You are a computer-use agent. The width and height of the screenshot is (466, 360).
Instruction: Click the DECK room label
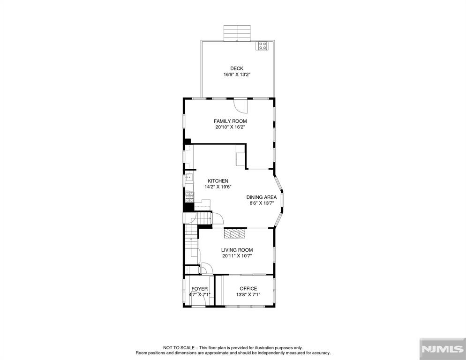tap(237, 68)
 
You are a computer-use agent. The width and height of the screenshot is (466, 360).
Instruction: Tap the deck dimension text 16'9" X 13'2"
tap(237, 75)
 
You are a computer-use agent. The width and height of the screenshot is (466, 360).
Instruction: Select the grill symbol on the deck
tap(263, 45)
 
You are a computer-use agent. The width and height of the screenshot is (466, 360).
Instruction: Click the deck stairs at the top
tap(238, 33)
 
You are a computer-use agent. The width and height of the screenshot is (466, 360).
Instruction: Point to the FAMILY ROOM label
tap(230, 121)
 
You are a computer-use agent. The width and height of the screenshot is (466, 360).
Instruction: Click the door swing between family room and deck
tap(241, 105)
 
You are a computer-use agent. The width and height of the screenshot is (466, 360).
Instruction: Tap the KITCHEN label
tap(218, 181)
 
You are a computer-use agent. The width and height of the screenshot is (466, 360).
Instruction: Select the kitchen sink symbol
tap(188, 178)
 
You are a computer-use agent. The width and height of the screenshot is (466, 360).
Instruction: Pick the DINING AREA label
tap(262, 197)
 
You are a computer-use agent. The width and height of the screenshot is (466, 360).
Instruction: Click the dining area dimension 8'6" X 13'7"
tap(262, 203)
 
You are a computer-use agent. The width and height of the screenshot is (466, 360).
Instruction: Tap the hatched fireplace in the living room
tap(235, 233)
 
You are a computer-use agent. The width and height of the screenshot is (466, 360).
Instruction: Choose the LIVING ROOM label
tap(237, 250)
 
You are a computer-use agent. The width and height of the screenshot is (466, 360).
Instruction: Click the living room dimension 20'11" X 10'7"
tap(237, 256)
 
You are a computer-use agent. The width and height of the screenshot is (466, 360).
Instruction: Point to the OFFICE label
tap(248, 288)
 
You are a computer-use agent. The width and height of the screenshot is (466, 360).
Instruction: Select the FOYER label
tap(199, 289)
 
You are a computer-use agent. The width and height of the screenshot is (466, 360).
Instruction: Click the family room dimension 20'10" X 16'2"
tap(230, 127)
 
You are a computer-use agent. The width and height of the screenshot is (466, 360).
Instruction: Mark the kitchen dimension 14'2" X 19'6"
tap(218, 187)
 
